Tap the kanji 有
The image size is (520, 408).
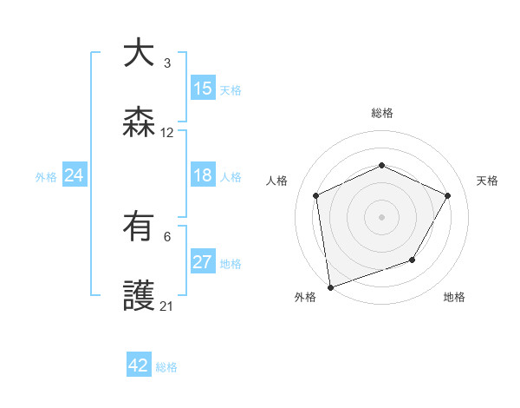tap(139, 227)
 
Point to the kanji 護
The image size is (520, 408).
tap(139, 298)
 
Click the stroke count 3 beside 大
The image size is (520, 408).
tap(166, 63)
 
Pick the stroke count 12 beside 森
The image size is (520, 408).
tap(167, 133)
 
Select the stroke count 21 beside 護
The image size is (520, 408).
tap(167, 306)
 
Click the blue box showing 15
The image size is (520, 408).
tap(203, 89)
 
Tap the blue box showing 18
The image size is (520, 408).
tap(203, 175)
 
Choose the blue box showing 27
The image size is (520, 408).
tap(203, 262)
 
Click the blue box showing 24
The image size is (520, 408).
tap(75, 175)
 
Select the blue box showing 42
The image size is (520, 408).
tap(139, 365)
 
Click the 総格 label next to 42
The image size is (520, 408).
tap(166, 367)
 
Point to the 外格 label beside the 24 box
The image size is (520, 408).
tap(46, 177)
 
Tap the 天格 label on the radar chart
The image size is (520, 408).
tap(487, 181)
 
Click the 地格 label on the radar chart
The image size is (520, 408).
tap(454, 297)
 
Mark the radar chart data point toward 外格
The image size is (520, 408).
tap(329, 286)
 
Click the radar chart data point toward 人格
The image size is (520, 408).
tap(316, 195)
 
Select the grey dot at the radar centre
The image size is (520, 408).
tap(381, 216)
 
